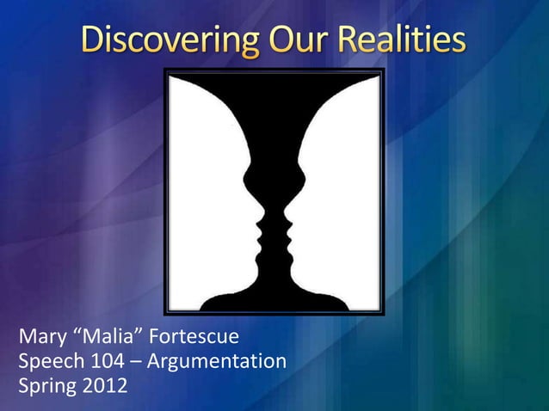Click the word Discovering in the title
pos(163,40)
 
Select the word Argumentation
pos(216,361)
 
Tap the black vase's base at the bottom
pos(274,301)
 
